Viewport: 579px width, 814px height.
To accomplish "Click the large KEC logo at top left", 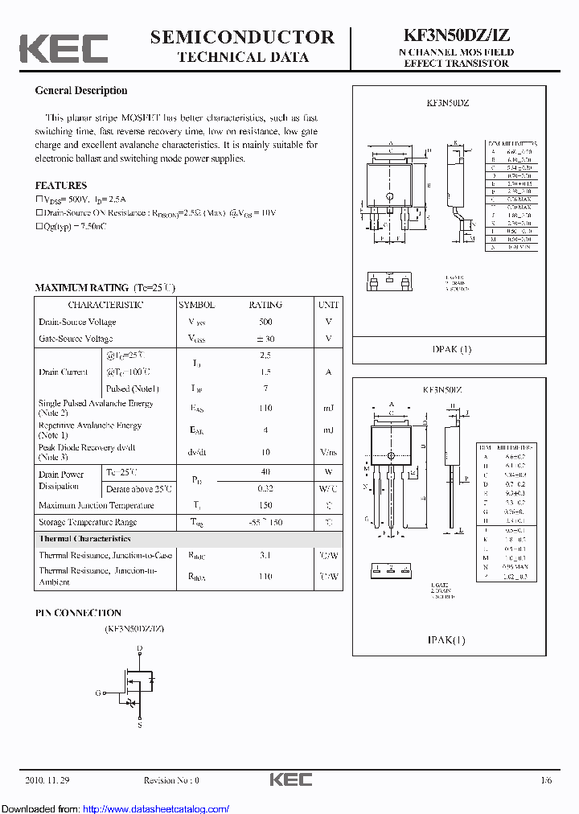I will click(64, 47).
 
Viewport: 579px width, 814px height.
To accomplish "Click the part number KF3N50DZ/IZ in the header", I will click(456, 36).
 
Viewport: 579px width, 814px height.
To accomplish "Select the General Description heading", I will click(80, 91).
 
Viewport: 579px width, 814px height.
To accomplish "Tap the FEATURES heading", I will click(60, 185).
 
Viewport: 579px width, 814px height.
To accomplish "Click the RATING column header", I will click(265, 305).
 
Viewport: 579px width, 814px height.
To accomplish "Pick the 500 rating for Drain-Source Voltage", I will click(265, 322).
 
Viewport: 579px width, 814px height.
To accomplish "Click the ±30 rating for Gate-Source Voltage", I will click(265, 339).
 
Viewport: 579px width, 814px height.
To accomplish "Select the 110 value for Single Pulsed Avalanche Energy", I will click(265, 409).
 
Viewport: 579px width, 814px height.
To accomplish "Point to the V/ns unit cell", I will click(328, 453).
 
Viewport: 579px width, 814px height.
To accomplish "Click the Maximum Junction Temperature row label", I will click(96, 505).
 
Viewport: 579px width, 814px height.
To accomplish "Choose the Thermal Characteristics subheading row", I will click(84, 539).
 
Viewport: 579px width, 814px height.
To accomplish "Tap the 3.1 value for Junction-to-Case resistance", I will click(265, 555).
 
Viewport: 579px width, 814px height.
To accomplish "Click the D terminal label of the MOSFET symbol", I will click(139, 647).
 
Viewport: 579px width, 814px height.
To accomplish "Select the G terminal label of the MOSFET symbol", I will click(98, 693).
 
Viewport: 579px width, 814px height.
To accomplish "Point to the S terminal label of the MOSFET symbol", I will click(139, 726).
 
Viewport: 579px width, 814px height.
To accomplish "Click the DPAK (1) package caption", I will click(452, 349).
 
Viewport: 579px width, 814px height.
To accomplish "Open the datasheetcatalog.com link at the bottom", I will click(156, 808).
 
